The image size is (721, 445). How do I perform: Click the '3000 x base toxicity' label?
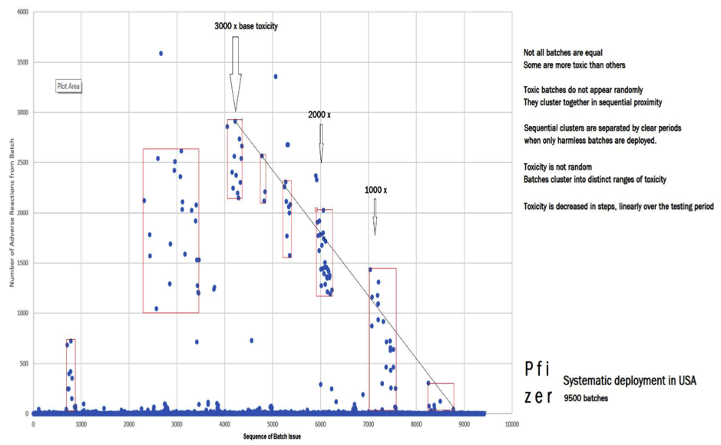(246, 26)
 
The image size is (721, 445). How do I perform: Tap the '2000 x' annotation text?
(319, 115)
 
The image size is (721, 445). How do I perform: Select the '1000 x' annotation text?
(375, 190)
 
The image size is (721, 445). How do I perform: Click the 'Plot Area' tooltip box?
(68, 86)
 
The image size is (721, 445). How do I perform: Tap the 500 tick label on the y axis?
(24, 363)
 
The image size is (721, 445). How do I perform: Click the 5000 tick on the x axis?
(272, 423)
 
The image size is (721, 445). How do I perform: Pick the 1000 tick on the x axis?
(81, 423)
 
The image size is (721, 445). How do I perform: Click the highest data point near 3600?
(160, 54)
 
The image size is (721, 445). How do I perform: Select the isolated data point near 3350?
(276, 76)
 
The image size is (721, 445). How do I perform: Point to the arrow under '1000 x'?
(375, 216)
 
